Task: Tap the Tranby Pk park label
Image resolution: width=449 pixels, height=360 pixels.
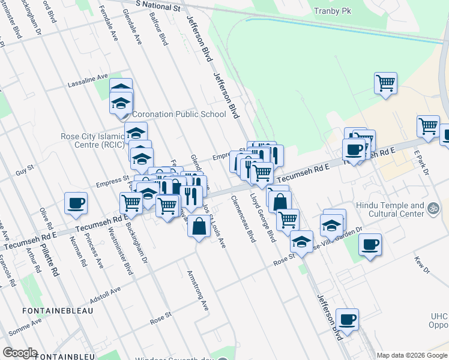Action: tap(333, 10)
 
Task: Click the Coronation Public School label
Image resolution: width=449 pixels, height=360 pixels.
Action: tap(179, 114)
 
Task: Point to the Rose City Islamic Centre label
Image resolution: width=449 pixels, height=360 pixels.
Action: tap(92, 140)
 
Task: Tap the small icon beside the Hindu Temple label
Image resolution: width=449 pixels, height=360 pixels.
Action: tap(433, 208)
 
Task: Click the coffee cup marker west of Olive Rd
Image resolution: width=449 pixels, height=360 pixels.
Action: tap(76, 203)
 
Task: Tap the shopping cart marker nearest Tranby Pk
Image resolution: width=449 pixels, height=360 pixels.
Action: tap(385, 83)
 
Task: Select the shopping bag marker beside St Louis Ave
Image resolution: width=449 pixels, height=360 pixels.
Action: tap(199, 227)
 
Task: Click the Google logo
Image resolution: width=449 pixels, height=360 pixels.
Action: tap(20, 353)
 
